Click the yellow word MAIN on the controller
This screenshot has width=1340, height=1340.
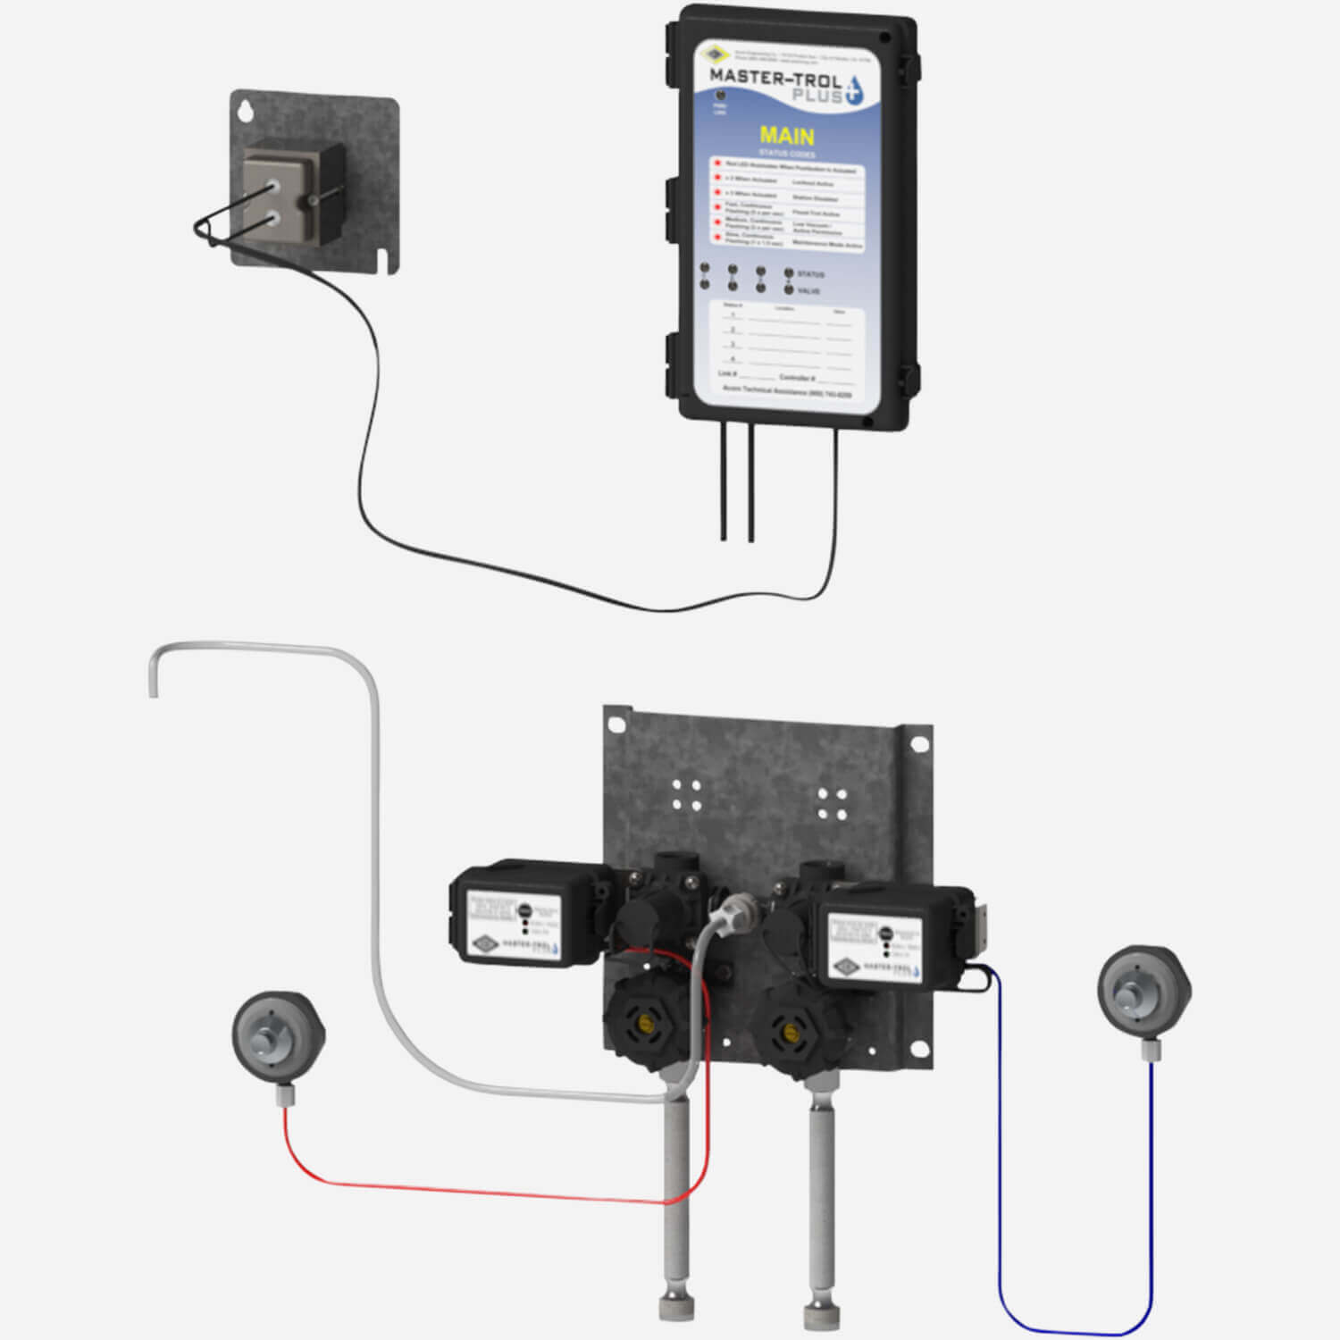click(786, 136)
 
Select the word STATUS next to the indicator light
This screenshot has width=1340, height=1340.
click(810, 274)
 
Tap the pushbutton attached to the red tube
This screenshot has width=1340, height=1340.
click(277, 1035)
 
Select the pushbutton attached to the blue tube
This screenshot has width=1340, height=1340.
click(1143, 992)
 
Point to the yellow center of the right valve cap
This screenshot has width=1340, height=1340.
click(790, 1034)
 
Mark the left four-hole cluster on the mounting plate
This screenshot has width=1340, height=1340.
click(686, 794)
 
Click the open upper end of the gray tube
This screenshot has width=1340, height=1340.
click(153, 688)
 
